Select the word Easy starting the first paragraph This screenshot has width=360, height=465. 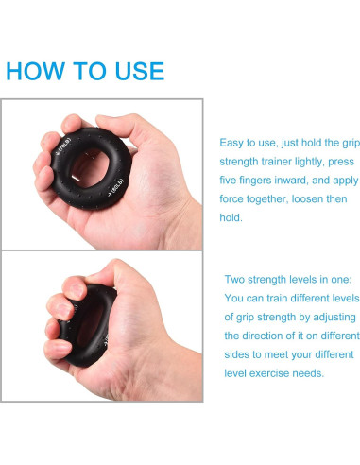point(233,142)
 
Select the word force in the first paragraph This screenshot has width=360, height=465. point(234,198)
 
